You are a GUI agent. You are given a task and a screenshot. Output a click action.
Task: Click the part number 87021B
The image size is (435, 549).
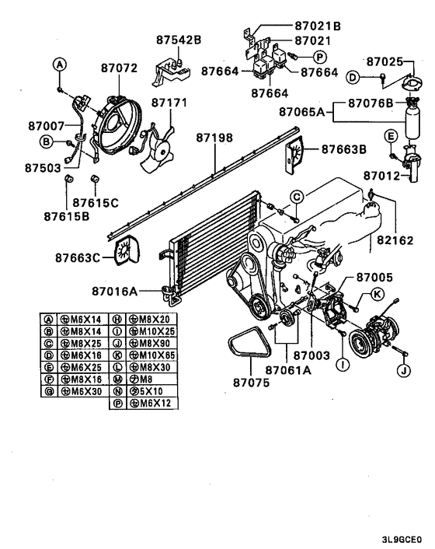(319, 25)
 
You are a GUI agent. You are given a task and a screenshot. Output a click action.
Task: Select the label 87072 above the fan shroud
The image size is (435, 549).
(118, 68)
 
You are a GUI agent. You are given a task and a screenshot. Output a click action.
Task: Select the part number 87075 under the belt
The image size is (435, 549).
(253, 382)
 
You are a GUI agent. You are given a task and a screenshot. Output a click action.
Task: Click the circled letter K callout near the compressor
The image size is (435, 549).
(377, 293)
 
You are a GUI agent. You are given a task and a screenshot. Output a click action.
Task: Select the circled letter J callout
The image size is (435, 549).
(403, 371)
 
